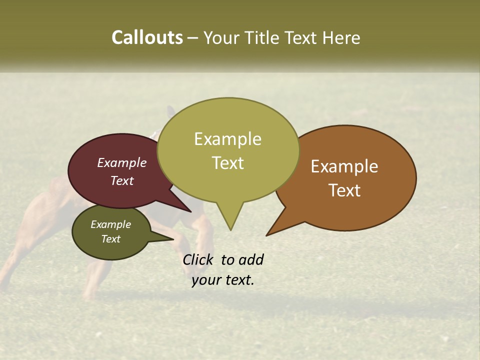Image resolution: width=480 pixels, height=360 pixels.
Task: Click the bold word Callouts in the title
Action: pos(147,38)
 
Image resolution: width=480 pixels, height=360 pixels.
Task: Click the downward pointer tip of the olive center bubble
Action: pos(230,229)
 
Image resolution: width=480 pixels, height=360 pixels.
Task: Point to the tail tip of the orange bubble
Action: pos(267,235)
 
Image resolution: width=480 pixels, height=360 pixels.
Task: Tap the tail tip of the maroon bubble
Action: pos(190,211)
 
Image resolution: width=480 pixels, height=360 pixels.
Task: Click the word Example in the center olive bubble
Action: pos(227,139)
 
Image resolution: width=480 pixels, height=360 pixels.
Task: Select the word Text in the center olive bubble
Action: pos(228,163)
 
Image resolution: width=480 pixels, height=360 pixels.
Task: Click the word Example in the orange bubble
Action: pos(344,166)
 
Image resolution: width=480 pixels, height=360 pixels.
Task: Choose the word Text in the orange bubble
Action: pos(344,190)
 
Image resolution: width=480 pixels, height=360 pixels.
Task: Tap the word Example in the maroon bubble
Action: pos(122,163)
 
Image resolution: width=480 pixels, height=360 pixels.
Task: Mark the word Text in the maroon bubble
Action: pos(122,181)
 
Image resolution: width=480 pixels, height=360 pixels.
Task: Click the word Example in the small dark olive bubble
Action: pos(110,224)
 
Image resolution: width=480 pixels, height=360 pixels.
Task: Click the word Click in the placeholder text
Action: pos(199,260)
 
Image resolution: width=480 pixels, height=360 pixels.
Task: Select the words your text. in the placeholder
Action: pos(223,280)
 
